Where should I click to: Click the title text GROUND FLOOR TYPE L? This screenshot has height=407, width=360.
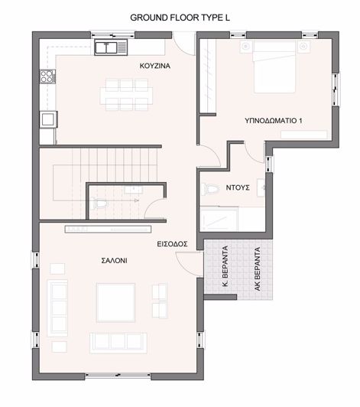180,16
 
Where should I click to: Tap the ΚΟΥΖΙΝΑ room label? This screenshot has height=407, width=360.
154,66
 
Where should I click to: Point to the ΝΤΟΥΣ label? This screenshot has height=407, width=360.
238,187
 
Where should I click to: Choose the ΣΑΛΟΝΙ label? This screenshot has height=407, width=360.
115,260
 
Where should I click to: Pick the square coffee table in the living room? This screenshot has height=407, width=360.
115,302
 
